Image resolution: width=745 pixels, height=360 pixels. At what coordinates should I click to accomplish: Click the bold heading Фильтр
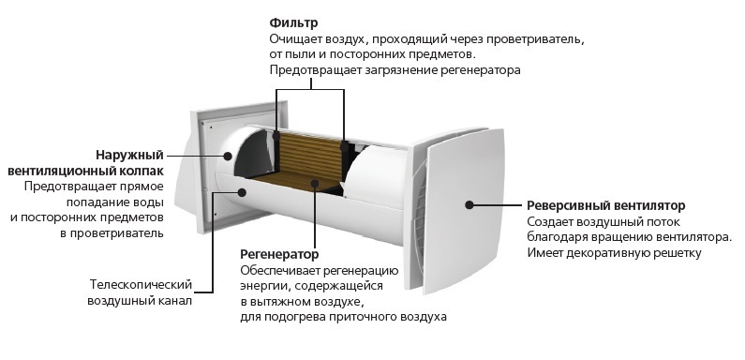tap(293, 22)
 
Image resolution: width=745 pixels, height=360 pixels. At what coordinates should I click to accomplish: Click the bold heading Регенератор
tap(279, 254)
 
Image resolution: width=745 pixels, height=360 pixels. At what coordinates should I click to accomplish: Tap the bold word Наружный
tap(129, 155)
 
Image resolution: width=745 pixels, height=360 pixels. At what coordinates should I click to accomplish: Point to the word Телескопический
tap(142, 284)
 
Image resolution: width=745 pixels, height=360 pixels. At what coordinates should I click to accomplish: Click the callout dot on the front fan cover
tap(469, 205)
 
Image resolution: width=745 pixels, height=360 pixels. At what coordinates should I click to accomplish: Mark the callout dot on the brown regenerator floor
tap(315, 183)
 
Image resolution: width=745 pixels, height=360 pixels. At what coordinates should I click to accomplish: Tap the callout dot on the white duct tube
tap(242, 192)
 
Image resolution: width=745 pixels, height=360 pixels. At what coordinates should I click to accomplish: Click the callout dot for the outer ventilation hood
tap(228, 156)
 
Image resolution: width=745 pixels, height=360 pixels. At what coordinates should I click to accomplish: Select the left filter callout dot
tap(276, 135)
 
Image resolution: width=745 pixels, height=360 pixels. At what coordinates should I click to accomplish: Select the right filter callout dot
tap(343, 146)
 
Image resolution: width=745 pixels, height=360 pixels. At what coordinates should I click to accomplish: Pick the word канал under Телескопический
tap(174, 301)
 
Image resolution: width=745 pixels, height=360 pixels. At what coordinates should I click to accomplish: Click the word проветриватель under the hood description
tap(117, 233)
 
